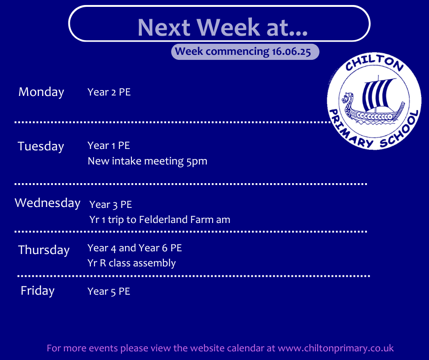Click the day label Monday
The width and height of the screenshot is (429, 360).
pyautogui.click(x=41, y=92)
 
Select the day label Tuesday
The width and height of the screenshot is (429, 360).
pyautogui.click(x=41, y=146)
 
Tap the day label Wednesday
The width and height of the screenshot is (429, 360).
pyautogui.click(x=47, y=203)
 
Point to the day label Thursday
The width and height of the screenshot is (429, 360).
pyautogui.click(x=44, y=250)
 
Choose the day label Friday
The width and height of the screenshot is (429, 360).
pyautogui.click(x=37, y=291)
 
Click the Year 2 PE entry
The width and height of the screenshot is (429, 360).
pyautogui.click(x=109, y=92)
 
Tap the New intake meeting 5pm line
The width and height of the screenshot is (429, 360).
pyautogui.click(x=147, y=161)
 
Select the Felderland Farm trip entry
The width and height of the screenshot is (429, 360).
pyautogui.click(x=160, y=220)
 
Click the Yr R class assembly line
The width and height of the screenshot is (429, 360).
pyautogui.click(x=131, y=263)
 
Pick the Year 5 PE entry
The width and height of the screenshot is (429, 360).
pyautogui.click(x=109, y=291)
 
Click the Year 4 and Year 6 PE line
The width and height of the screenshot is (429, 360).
pyautogui.click(x=135, y=248)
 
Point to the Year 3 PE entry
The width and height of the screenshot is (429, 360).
pyautogui.click(x=110, y=205)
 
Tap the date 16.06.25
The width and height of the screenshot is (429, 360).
pyautogui.click(x=291, y=52)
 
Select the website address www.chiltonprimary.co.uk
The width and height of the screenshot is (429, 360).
pyautogui.click(x=336, y=348)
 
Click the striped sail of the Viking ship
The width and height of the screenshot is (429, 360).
pyautogui.click(x=377, y=94)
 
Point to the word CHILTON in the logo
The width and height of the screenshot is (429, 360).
pyautogui.click(x=374, y=63)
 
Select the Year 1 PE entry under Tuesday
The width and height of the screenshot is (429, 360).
pyautogui.click(x=109, y=146)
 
